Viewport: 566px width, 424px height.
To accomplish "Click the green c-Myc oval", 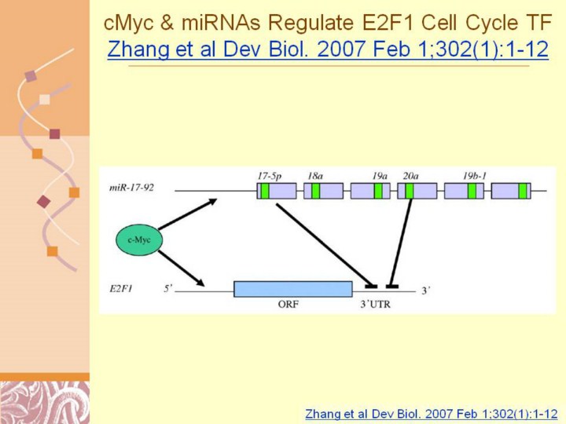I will tap(139, 239).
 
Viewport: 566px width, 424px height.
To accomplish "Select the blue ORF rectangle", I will tap(292, 289).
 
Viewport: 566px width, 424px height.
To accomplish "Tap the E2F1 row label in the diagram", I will tap(121, 289).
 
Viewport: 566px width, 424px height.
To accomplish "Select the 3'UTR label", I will tap(374, 305).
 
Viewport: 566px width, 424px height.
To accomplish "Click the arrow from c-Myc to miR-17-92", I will tap(187, 214).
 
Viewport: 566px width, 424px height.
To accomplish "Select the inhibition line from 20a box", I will tap(402, 239).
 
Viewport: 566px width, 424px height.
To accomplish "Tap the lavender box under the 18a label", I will tap(324, 190).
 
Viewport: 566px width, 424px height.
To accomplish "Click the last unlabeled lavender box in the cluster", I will tap(511, 190).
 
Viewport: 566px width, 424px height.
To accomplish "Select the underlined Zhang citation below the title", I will tap(327, 50).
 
